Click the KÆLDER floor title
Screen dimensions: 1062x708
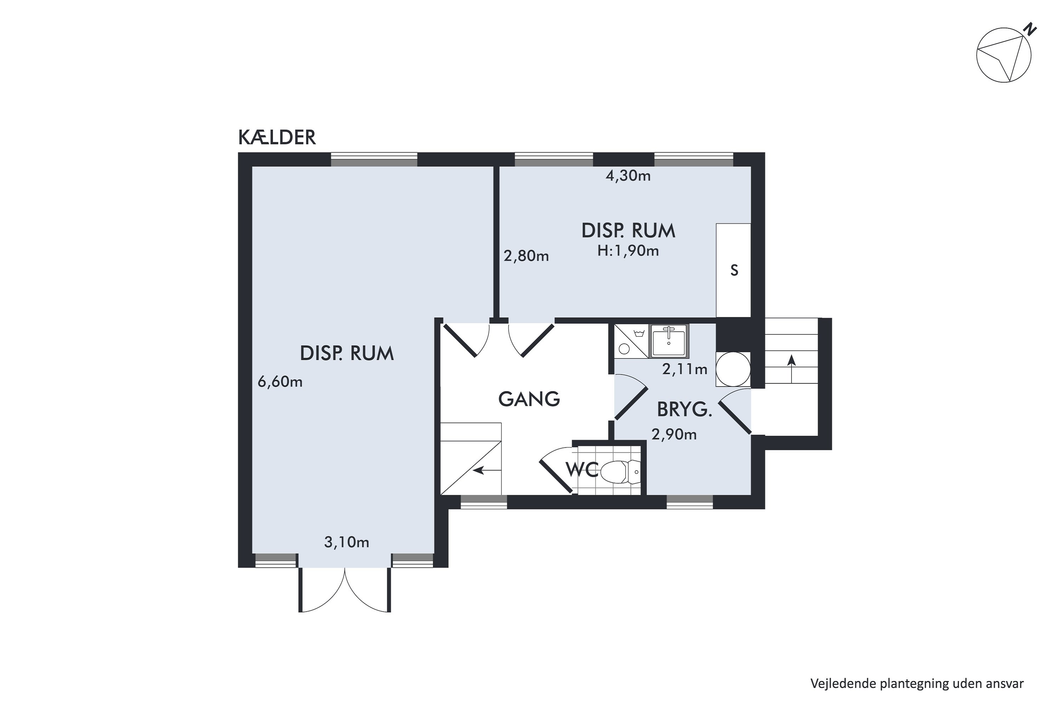tap(277, 137)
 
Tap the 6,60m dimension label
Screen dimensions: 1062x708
tap(280, 382)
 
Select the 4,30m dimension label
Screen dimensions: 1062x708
tap(628, 176)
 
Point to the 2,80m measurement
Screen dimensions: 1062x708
tap(526, 256)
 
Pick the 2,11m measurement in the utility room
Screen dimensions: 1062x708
tap(685, 369)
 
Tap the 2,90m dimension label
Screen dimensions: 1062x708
tap(674, 434)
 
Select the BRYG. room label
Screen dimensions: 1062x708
tap(685, 410)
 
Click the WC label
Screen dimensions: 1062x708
tap(582, 470)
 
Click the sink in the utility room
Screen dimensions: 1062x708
tap(669, 341)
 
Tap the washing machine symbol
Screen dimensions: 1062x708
tap(632, 341)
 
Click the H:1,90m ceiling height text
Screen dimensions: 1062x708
tap(628, 251)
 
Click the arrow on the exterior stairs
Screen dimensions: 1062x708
tap(791, 369)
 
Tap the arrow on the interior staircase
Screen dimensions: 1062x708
tap(487, 471)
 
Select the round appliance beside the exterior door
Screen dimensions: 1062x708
tap(733, 369)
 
